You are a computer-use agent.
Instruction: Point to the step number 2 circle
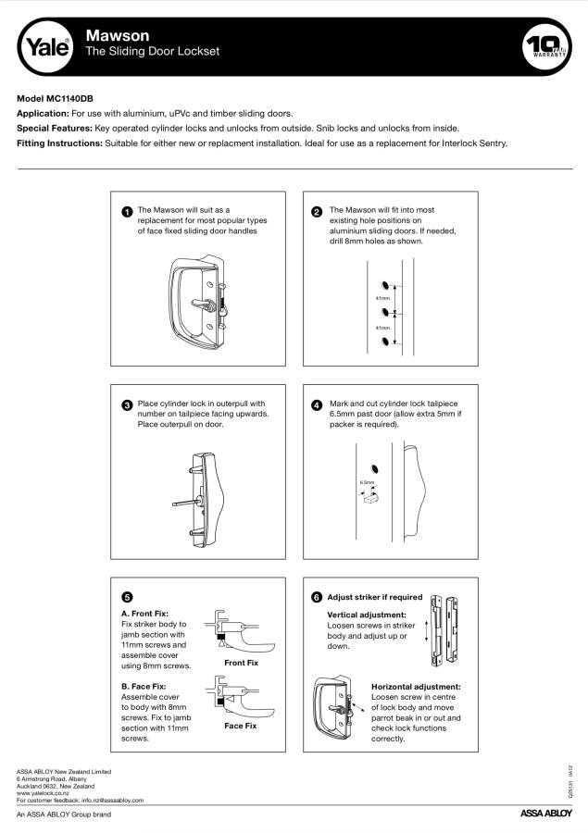(x=318, y=212)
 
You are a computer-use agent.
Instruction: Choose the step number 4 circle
(x=318, y=405)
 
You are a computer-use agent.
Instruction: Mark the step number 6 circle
(x=318, y=598)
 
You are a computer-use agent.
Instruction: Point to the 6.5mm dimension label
(x=368, y=482)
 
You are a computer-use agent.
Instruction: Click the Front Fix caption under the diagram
(x=241, y=664)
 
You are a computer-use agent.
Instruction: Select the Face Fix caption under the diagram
(x=241, y=726)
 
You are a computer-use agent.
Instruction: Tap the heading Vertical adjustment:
(x=367, y=615)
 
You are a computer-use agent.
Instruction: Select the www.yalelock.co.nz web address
(x=47, y=793)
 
